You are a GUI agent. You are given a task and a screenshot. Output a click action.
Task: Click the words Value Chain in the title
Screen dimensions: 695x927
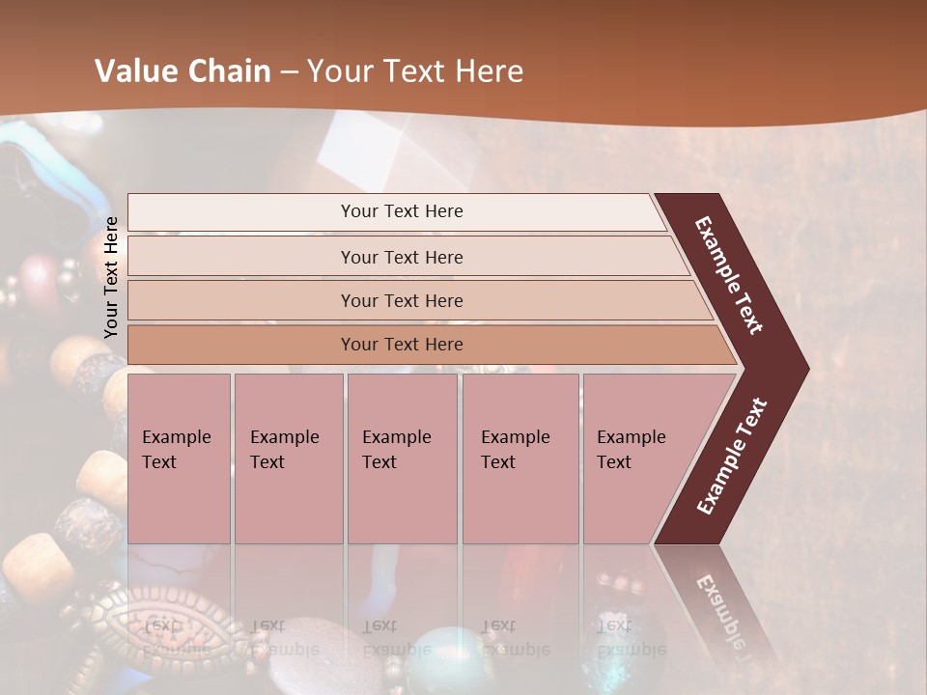pyautogui.click(x=183, y=71)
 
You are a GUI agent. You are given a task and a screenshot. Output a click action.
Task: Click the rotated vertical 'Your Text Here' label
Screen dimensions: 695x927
pyautogui.click(x=112, y=277)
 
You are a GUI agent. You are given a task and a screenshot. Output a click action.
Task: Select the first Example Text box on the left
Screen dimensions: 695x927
pyautogui.click(x=179, y=459)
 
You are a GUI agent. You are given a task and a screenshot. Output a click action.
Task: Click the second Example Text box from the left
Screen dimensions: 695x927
pyautogui.click(x=288, y=459)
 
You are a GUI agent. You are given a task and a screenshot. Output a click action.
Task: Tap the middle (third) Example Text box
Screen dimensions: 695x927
pyautogui.click(x=402, y=459)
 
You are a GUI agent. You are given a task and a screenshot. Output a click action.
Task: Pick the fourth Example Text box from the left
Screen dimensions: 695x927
pyautogui.click(x=520, y=459)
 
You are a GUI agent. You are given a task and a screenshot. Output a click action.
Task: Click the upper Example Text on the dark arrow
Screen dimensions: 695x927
pyautogui.click(x=729, y=275)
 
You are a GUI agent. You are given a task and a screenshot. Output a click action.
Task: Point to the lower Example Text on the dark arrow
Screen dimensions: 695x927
pyautogui.click(x=732, y=457)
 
